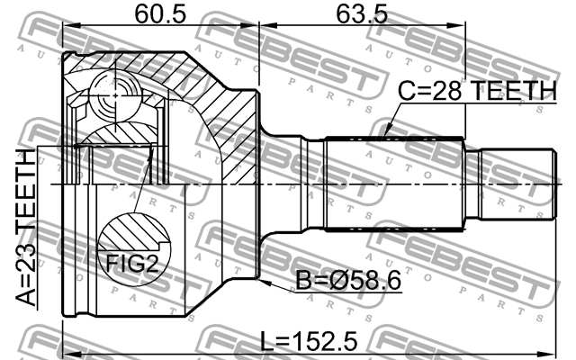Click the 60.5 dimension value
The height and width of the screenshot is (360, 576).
pyautogui.click(x=160, y=14)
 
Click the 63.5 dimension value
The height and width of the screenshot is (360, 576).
pyautogui.click(x=362, y=14)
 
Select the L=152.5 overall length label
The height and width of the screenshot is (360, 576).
pyautogui.click(x=309, y=341)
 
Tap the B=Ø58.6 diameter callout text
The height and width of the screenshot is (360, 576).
pyautogui.click(x=348, y=282)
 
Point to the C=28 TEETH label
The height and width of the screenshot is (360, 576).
pyautogui.click(x=478, y=91)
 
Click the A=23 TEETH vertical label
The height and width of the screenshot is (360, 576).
pyautogui.click(x=26, y=228)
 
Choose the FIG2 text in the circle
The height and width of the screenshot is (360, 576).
pyautogui.click(x=132, y=263)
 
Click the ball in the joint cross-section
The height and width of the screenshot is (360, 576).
pyautogui.click(x=115, y=95)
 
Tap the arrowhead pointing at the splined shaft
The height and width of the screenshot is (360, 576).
pyautogui.click(x=386, y=133)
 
